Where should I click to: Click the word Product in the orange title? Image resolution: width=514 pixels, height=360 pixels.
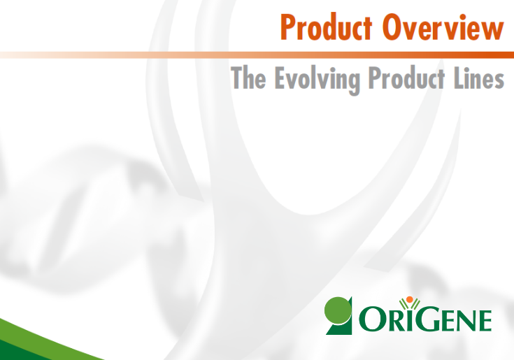326,27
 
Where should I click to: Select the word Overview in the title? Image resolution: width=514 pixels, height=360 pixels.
443,27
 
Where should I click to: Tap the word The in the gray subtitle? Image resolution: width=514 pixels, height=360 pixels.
248,78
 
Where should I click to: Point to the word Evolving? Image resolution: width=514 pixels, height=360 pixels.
317,80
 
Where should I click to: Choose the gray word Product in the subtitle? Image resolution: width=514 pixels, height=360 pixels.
406,78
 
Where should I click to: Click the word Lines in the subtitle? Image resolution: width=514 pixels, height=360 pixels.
479,78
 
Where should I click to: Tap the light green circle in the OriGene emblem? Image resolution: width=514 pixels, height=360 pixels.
337,310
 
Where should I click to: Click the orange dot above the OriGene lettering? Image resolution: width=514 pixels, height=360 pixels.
409,299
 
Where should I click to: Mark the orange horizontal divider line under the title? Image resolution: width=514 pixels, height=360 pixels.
257,55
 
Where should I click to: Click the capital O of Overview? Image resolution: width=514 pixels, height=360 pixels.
392,27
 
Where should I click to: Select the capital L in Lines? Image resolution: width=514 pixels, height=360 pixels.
459,78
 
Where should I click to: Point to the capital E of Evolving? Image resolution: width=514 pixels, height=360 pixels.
280,78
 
